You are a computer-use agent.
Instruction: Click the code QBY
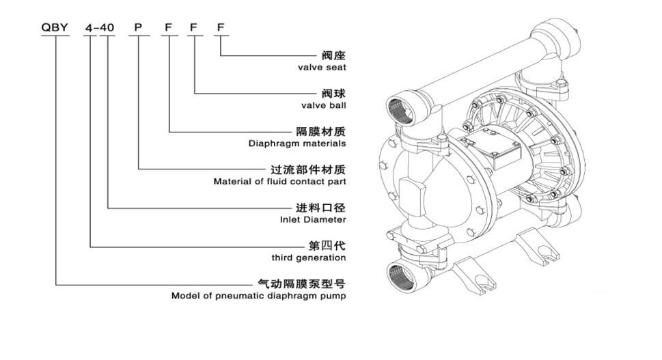(x=55, y=28)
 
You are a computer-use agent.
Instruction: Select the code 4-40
(x=99, y=28)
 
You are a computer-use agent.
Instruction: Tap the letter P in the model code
(x=138, y=28)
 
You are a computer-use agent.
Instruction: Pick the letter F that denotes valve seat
(x=220, y=28)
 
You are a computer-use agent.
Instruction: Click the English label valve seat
(x=322, y=68)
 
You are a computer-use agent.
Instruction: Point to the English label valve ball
(x=323, y=106)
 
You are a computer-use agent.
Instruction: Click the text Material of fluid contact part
(x=279, y=182)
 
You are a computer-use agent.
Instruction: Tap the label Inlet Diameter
(x=313, y=220)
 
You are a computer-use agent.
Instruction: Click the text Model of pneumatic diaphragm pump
(x=258, y=296)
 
